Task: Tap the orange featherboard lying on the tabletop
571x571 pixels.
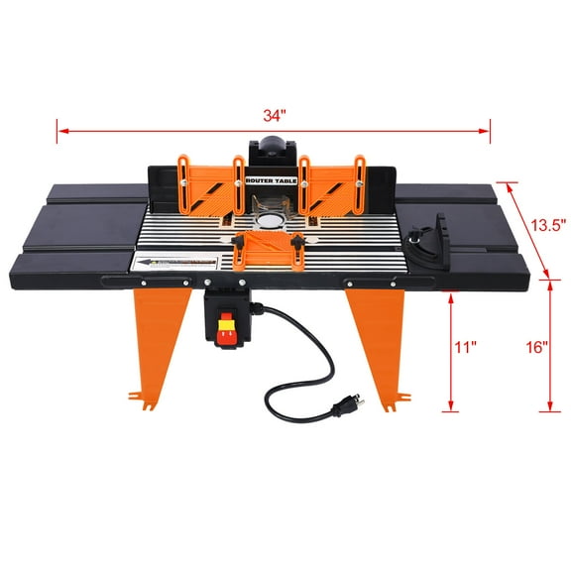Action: tap(271, 245)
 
